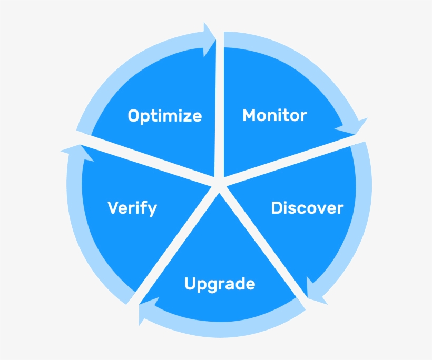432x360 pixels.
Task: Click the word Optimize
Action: (x=165, y=116)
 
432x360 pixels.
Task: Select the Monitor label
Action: (x=274, y=115)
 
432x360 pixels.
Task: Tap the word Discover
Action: (x=307, y=208)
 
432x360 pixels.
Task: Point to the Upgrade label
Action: (x=220, y=284)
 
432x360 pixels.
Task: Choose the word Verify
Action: (x=132, y=208)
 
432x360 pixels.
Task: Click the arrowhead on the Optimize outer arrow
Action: (x=209, y=39)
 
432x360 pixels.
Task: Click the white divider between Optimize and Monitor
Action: (x=220, y=107)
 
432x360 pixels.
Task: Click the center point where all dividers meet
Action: (x=219, y=184)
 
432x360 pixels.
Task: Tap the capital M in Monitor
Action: (x=249, y=115)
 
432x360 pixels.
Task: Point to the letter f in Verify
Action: (x=143, y=207)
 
